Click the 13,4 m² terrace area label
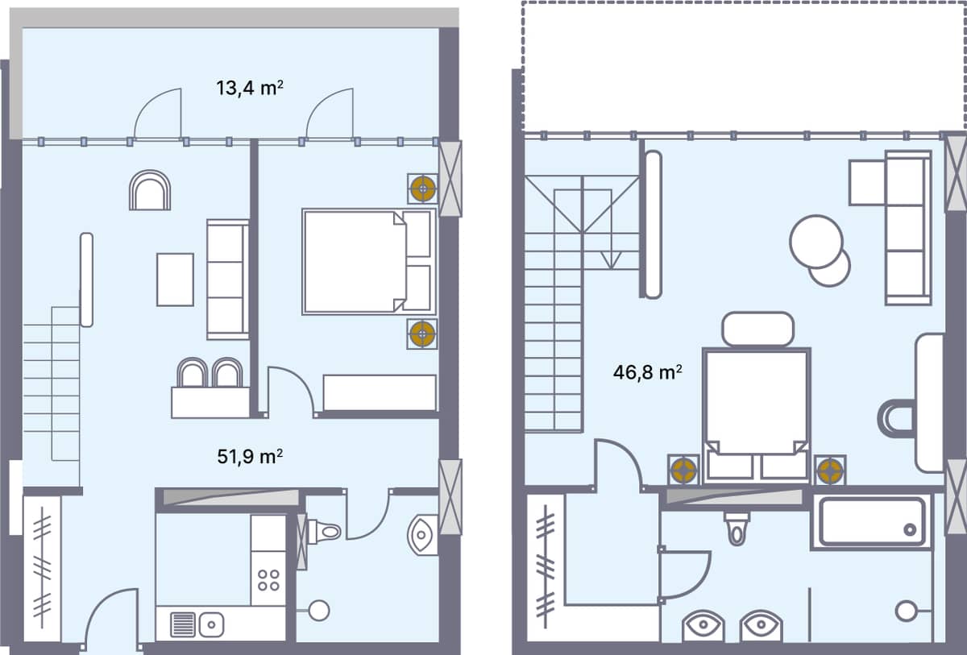click(x=249, y=88)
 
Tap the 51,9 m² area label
click(x=249, y=457)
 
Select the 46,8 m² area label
click(x=648, y=372)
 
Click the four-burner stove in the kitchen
click(x=268, y=580)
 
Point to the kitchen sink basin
click(x=211, y=623)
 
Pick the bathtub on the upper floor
click(x=871, y=523)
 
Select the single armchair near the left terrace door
click(x=150, y=190)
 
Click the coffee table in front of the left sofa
click(x=175, y=280)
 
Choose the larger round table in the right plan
click(x=816, y=241)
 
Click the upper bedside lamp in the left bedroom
click(x=421, y=189)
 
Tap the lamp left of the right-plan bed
click(x=683, y=470)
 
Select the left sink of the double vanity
click(x=704, y=625)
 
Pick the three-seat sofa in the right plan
click(x=907, y=227)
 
